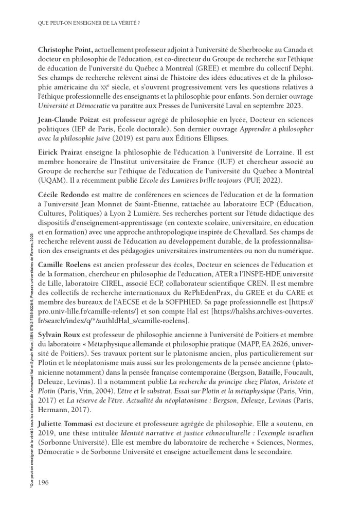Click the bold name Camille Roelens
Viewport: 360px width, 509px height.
[x=65, y=264]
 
